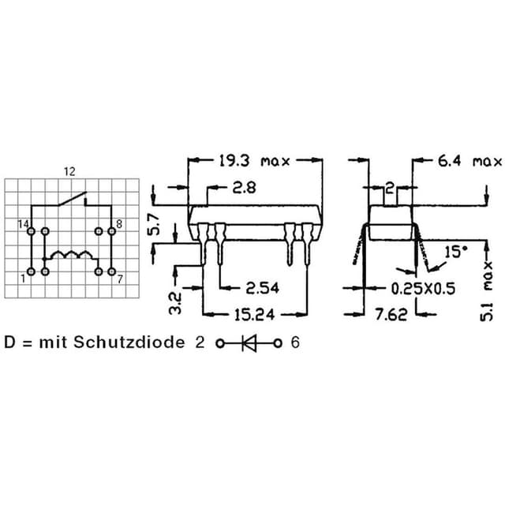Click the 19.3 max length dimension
coord(254,161)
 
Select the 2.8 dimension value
coord(245,188)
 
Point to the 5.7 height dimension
coord(154,225)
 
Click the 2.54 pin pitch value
coord(262,288)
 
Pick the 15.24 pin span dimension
coord(254,315)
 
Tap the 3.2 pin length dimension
coord(176,303)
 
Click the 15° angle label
coord(456,252)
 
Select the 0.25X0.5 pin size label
coord(423,289)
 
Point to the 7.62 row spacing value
coord(391,315)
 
